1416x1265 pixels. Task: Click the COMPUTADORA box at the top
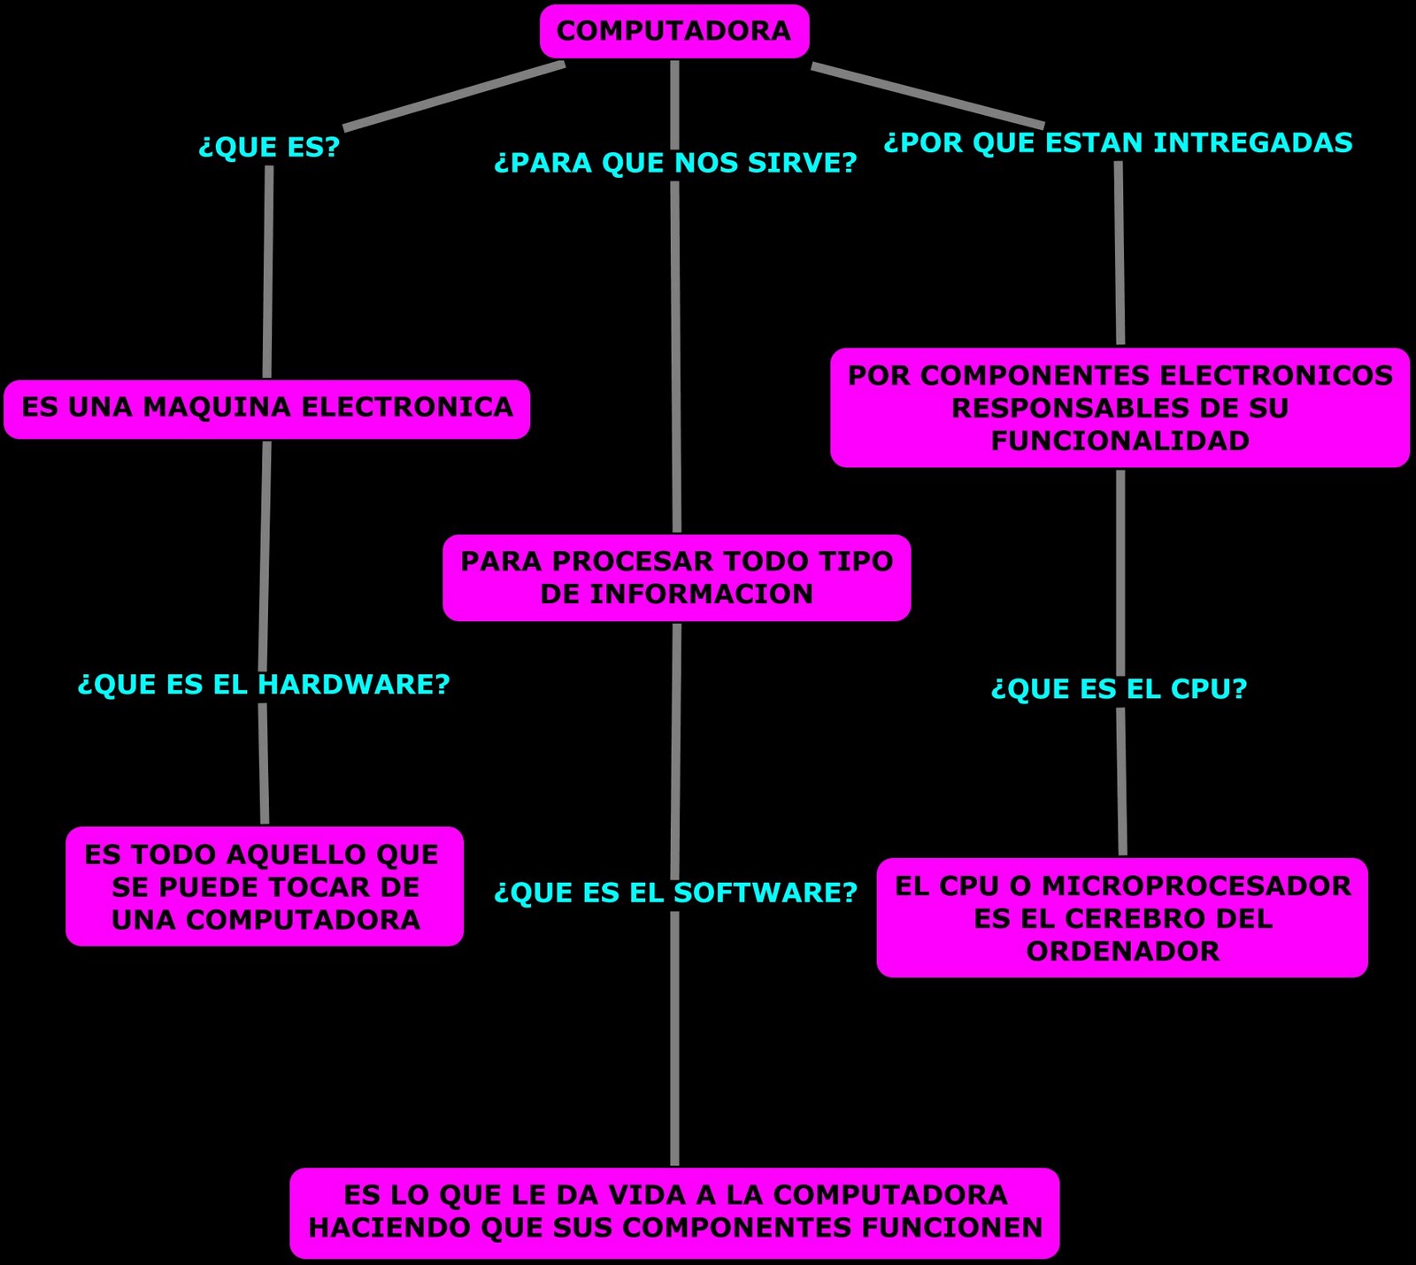tap(674, 32)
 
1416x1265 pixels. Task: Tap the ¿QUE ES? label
tap(269, 147)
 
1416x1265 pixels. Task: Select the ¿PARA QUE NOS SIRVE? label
tap(675, 163)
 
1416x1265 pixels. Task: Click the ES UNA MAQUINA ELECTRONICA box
tap(266, 408)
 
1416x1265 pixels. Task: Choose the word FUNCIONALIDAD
tap(1120, 441)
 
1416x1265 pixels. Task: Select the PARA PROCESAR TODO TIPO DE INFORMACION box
tap(676, 578)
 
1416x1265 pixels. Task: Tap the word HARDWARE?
tap(354, 684)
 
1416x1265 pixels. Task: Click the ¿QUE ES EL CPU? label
tap(1119, 689)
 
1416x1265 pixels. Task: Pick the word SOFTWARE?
tap(766, 893)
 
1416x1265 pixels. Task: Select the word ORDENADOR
tap(1122, 951)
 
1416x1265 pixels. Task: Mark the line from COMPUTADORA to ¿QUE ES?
tap(454, 96)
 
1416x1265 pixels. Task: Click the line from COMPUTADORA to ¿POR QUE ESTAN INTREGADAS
tap(927, 96)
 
